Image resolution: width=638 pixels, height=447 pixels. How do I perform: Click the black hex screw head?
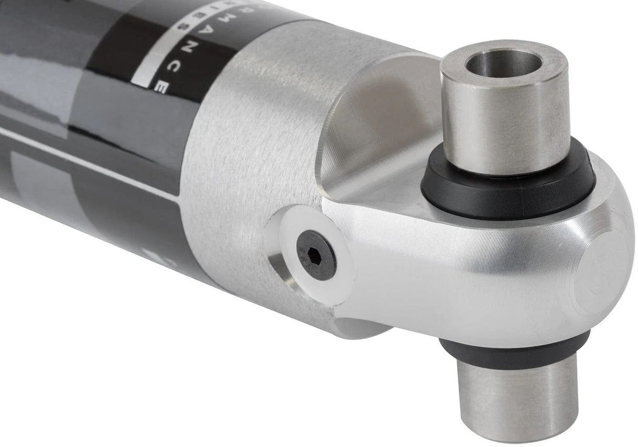click(x=316, y=255)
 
